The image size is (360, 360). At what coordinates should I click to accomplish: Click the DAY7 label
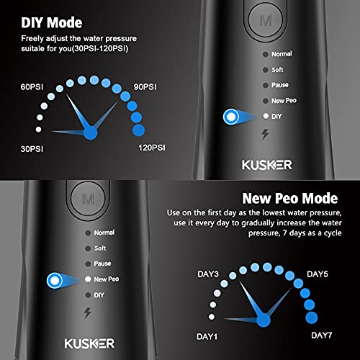click(321, 336)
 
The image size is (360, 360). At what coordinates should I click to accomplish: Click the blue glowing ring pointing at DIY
click(233, 115)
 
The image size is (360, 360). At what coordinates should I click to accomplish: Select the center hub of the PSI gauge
click(91, 132)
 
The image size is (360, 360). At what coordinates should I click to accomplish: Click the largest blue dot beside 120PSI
click(138, 130)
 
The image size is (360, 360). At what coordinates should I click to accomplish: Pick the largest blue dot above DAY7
click(312, 318)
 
